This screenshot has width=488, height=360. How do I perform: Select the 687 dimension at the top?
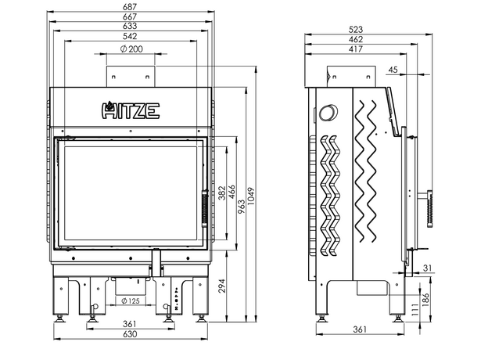tap(131, 7)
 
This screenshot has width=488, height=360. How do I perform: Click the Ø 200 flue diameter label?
tap(131, 49)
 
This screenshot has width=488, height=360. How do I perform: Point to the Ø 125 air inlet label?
tap(131, 301)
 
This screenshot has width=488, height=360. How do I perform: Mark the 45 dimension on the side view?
tap(393, 70)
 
